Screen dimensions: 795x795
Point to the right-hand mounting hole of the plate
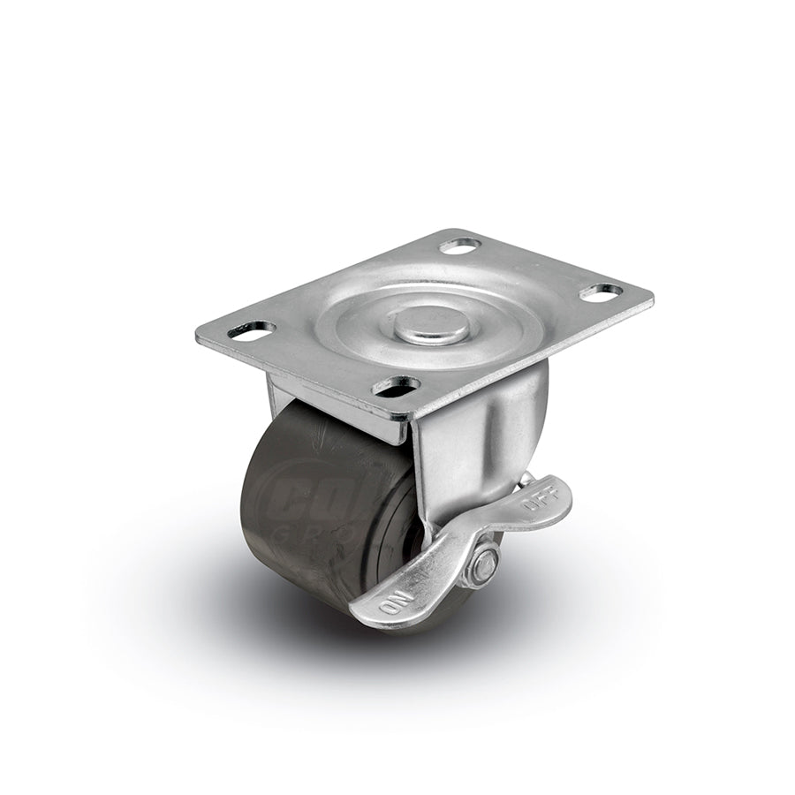pos(602,291)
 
